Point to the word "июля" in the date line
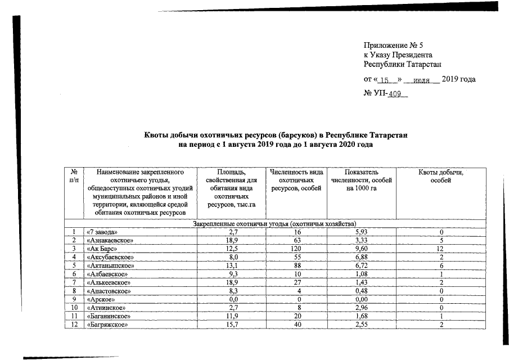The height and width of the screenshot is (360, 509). [x=422, y=80]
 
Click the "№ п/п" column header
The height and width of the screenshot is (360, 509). [x=74, y=175]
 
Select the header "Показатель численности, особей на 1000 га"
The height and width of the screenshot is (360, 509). [x=362, y=179]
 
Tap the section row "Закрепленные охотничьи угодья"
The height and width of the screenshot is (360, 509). [x=275, y=224]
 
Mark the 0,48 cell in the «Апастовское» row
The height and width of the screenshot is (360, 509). [x=362, y=291]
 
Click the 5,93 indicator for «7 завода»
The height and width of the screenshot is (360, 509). [x=362, y=232]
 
